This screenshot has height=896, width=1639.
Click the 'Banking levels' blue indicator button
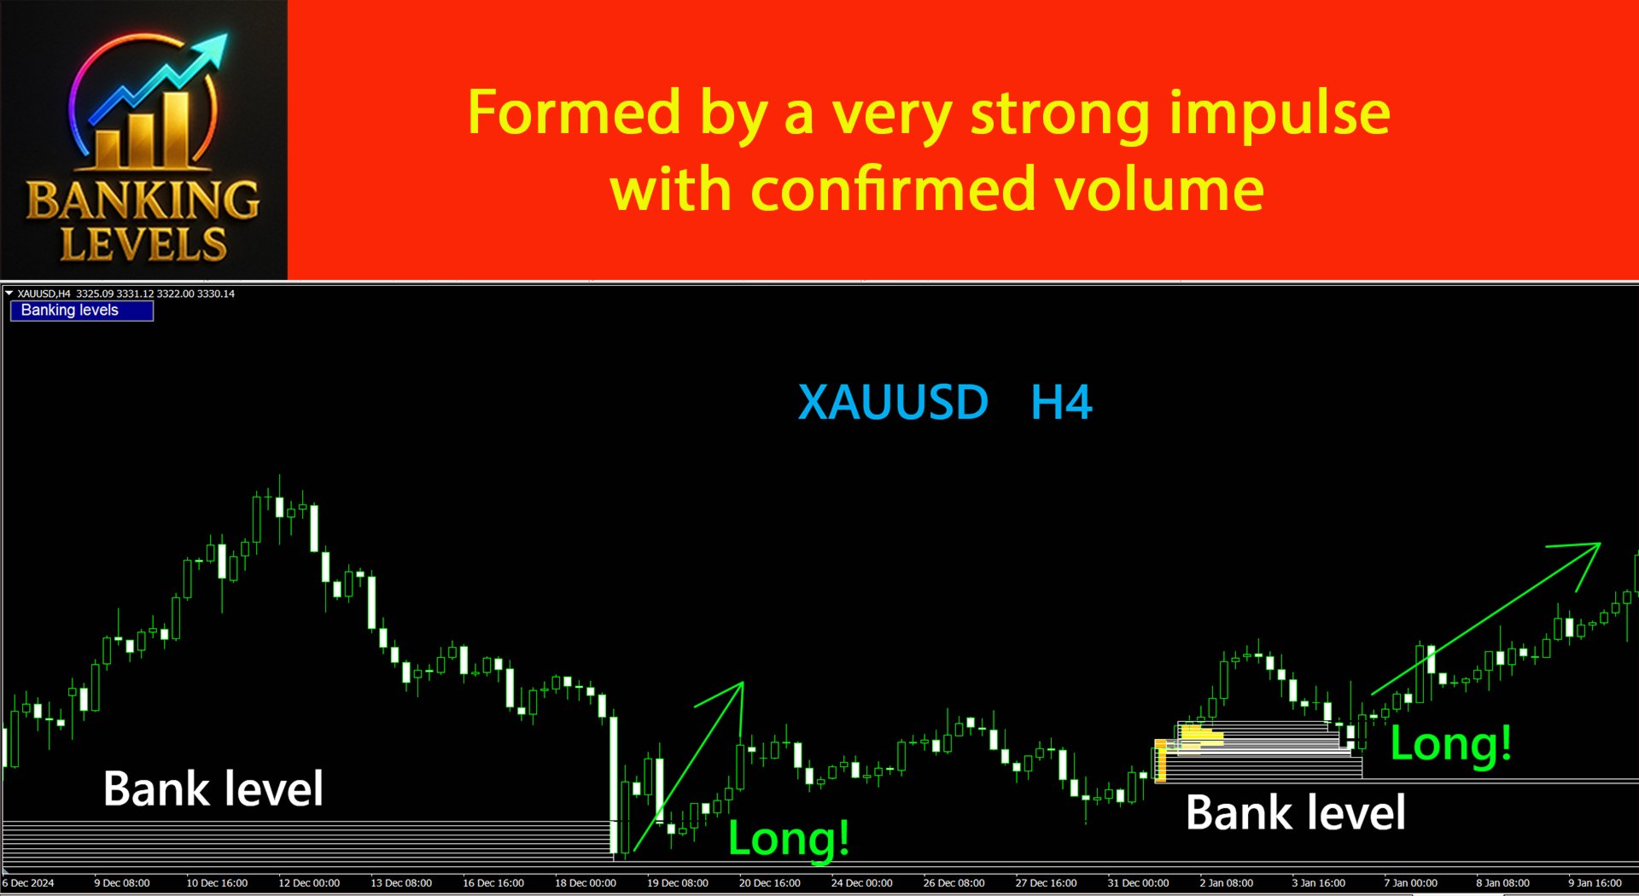(82, 311)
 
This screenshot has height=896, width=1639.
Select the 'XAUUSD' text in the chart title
(893, 402)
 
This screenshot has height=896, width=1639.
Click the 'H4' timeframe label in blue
(1061, 402)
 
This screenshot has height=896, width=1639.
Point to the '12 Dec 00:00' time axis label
(309, 883)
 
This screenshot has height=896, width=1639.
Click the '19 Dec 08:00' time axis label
(677, 883)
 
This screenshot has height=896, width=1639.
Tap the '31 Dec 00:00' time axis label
(1138, 883)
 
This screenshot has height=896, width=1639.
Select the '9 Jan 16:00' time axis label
(1595, 883)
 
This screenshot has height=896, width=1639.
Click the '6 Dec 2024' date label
(28, 883)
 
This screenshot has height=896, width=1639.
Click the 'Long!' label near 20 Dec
(789, 838)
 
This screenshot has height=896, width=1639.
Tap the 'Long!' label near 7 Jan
(1451, 743)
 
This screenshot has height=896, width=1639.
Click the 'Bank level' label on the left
(213, 788)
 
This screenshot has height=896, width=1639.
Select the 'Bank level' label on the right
(1296, 812)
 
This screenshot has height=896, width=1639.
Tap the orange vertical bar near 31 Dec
(1160, 761)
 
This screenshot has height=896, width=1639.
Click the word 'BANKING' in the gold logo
(143, 200)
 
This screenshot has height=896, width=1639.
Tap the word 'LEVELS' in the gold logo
(143, 244)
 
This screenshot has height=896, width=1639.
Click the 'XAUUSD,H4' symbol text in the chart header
(44, 294)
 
